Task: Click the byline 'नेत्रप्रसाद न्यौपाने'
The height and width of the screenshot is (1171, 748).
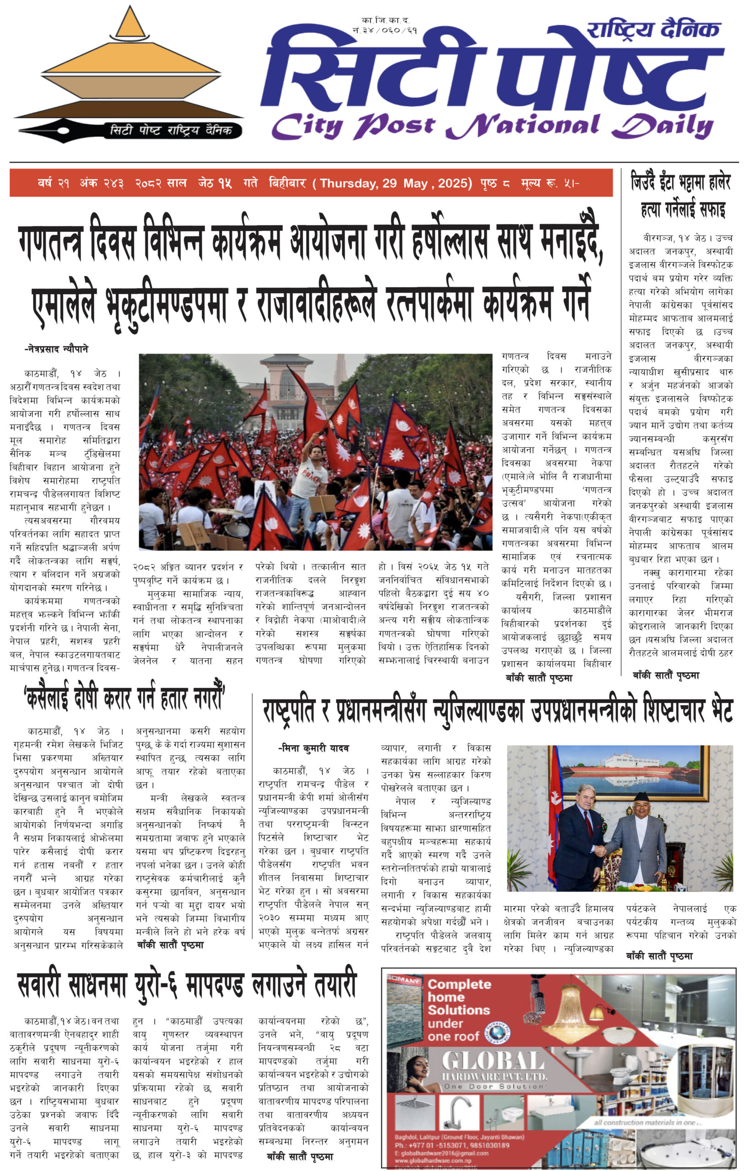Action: pyautogui.click(x=56, y=349)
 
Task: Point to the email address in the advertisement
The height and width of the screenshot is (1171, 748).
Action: pyautogui.click(x=441, y=1153)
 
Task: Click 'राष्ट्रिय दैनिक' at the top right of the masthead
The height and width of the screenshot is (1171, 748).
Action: pyautogui.click(x=653, y=30)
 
